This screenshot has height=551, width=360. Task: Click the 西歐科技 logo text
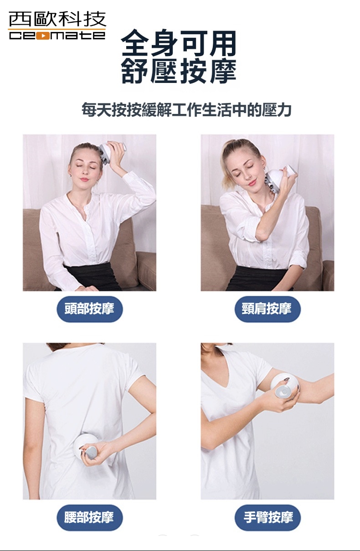[57, 19]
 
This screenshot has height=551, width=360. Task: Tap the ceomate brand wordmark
[57, 36]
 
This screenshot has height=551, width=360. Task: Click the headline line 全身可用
[179, 44]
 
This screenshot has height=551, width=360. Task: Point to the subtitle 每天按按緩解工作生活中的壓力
[186, 110]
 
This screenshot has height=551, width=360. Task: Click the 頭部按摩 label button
[89, 309]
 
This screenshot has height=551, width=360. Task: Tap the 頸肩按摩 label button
[267, 309]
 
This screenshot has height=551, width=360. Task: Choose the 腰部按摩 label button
[89, 517]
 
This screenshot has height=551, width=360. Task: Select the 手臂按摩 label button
[267, 517]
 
